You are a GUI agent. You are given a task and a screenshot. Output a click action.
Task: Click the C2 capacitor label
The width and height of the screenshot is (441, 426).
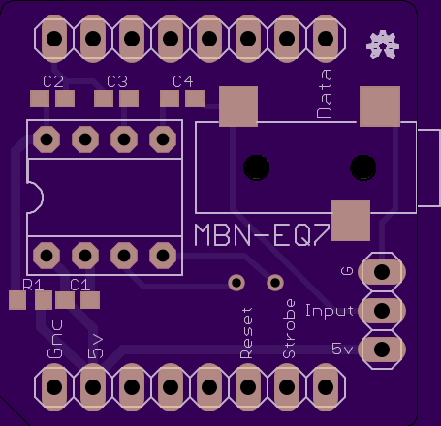(x=53, y=81)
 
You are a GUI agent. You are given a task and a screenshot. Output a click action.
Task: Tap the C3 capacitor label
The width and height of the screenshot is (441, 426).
(x=117, y=81)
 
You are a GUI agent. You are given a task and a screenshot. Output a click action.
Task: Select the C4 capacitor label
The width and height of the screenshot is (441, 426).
(x=183, y=81)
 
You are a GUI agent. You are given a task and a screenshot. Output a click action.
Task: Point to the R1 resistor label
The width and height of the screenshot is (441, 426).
(x=33, y=285)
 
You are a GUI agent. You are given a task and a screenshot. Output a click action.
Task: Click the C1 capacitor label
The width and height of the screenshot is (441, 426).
(x=79, y=285)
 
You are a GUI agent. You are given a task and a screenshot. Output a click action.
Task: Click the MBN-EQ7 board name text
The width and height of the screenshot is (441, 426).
(x=262, y=235)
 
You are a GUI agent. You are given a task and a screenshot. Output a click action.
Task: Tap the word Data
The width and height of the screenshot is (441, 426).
(x=325, y=94)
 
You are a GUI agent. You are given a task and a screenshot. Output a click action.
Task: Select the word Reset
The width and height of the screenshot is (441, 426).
(x=246, y=333)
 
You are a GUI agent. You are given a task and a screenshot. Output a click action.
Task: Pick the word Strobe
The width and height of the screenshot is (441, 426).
(x=289, y=329)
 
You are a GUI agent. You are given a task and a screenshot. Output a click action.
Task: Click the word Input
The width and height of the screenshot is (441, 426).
(x=330, y=311)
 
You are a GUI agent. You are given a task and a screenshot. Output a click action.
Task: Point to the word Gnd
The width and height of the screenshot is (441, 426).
(x=55, y=339)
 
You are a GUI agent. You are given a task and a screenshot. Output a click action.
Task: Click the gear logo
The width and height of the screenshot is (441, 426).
(x=383, y=45)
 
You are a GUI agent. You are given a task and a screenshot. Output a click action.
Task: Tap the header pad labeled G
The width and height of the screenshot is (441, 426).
(x=382, y=272)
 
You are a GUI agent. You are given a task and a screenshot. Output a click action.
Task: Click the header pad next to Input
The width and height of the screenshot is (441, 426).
(x=382, y=311)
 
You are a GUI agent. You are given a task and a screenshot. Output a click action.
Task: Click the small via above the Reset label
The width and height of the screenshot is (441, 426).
(x=236, y=283)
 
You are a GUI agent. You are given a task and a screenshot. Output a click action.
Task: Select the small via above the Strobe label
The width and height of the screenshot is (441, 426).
(x=275, y=283)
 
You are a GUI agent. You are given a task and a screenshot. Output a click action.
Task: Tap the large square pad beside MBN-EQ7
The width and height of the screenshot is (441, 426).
(x=351, y=221)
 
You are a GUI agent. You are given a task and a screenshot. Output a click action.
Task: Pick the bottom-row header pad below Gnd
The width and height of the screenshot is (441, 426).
(x=54, y=386)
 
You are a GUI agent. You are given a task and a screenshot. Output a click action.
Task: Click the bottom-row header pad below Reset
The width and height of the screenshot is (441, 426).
(x=248, y=386)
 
